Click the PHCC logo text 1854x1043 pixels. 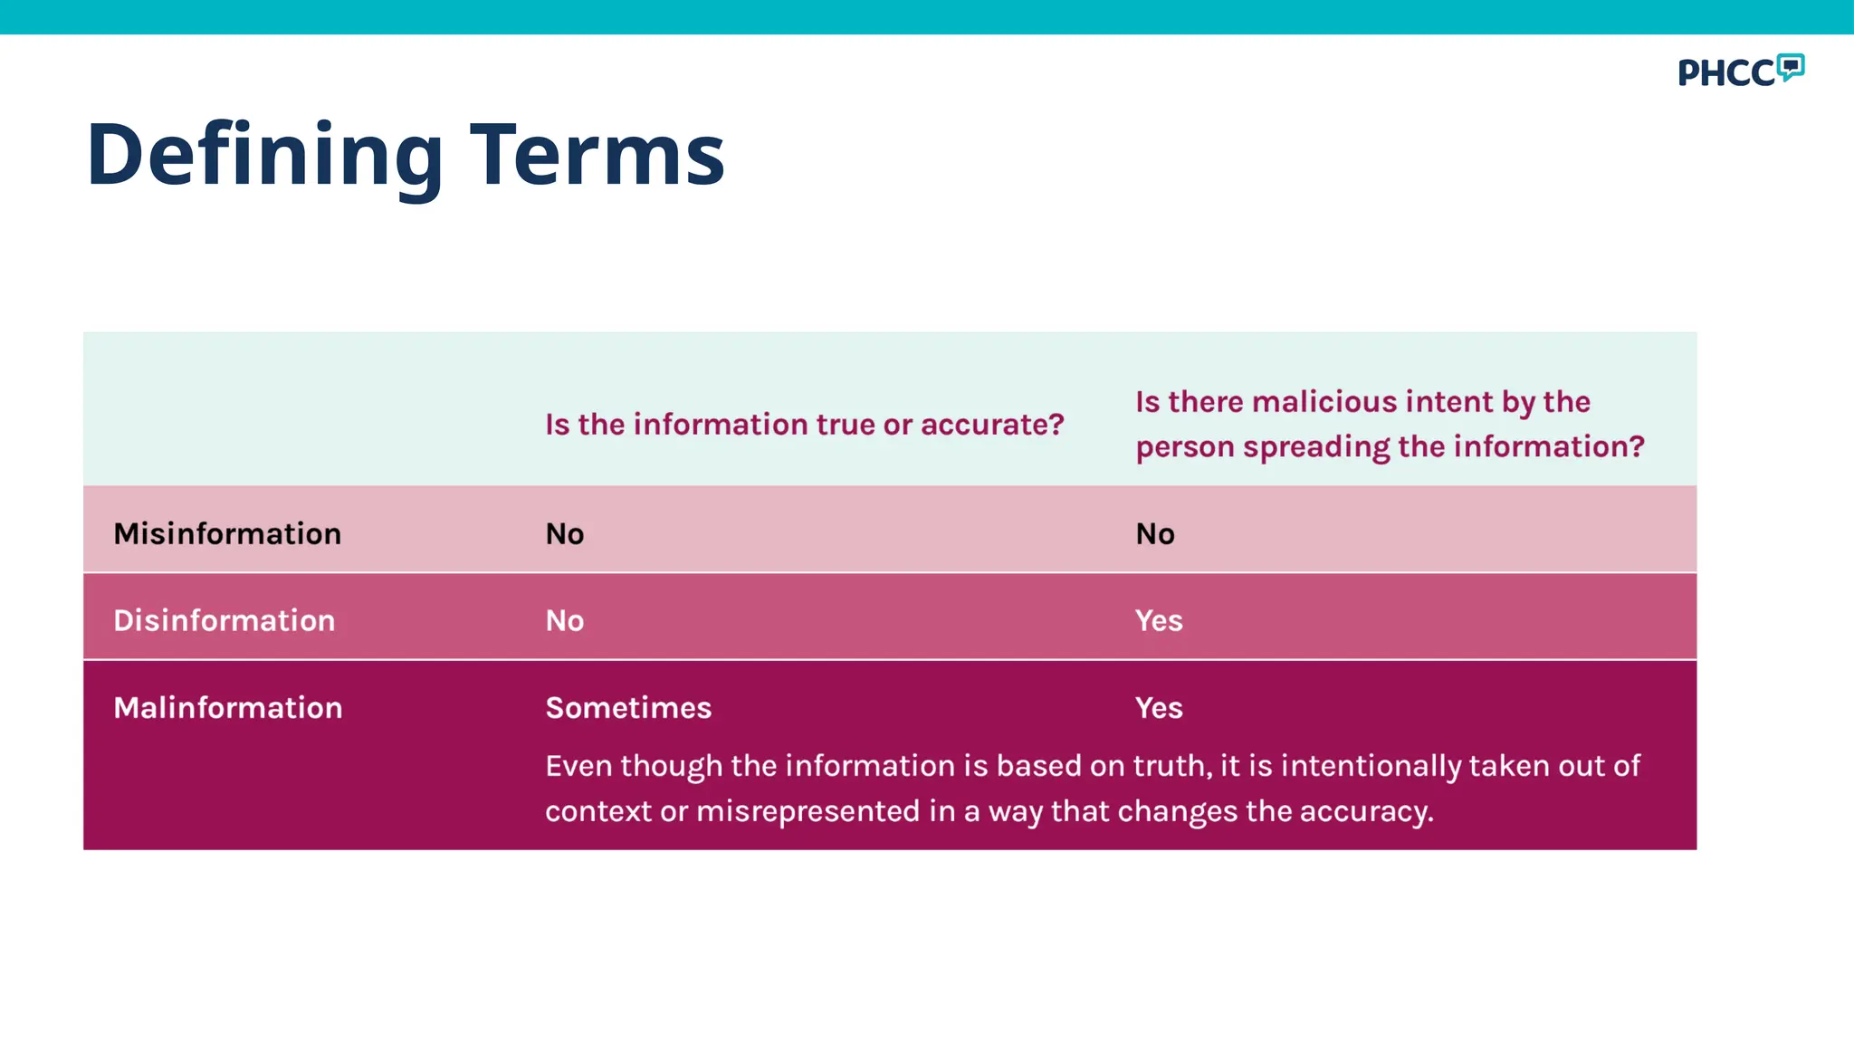[x=1725, y=73]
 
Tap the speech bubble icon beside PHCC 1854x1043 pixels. [x=1790, y=66]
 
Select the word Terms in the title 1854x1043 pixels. [x=597, y=156]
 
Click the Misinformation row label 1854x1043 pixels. [x=227, y=533]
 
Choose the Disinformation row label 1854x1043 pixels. [x=225, y=620]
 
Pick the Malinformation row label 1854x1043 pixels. [x=228, y=707]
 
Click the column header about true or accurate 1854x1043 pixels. [x=804, y=424]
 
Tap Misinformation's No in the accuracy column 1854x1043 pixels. [x=565, y=533]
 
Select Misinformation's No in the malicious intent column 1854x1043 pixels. [x=1155, y=533]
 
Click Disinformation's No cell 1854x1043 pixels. [x=565, y=620]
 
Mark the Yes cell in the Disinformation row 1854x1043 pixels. [x=1159, y=620]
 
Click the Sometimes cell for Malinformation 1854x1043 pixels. [x=628, y=707]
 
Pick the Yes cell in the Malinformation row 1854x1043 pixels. [x=1159, y=707]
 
